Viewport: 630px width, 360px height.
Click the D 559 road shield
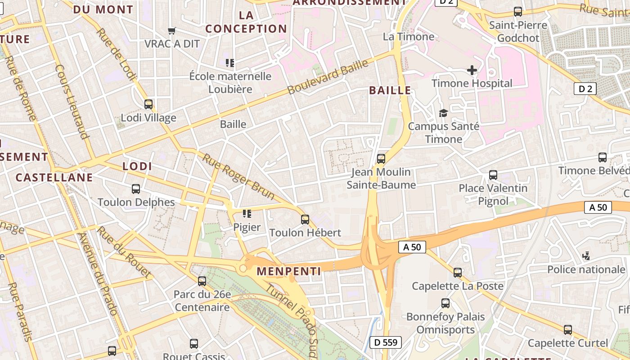[x=386, y=342]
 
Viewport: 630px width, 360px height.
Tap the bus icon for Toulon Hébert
[x=305, y=220]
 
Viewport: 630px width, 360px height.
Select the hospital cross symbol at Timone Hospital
[x=472, y=70]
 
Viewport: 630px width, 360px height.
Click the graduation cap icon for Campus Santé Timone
[x=443, y=113]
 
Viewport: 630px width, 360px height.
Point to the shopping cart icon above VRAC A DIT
[x=171, y=31]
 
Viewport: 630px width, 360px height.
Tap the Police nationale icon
[x=586, y=256]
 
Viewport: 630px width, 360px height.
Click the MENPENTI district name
[x=289, y=271]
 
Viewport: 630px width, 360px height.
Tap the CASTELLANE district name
[x=54, y=177]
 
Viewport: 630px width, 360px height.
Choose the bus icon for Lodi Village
[x=148, y=104]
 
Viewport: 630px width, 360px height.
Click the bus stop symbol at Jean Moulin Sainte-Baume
[x=381, y=158]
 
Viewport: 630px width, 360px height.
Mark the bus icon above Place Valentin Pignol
[x=493, y=175]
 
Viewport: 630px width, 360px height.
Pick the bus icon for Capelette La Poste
[x=458, y=272]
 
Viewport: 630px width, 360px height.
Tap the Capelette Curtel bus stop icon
[x=568, y=330]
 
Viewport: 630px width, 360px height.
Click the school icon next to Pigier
[x=247, y=214]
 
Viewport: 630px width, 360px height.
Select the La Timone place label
[x=409, y=37]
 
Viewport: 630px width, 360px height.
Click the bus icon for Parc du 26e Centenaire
[x=202, y=281]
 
